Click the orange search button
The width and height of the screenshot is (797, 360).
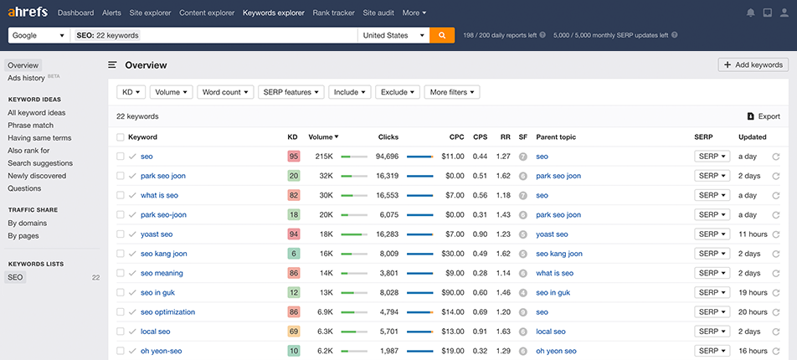tap(442, 35)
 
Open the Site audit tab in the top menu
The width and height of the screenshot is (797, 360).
tap(379, 13)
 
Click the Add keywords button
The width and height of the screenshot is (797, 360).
tap(753, 64)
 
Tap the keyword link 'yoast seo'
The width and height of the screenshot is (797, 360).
tap(157, 234)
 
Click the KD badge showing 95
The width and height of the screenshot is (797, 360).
tap(293, 157)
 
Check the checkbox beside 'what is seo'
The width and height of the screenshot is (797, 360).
tap(121, 195)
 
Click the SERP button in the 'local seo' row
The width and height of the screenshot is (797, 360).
tap(712, 332)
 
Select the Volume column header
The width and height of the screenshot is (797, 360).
tap(322, 136)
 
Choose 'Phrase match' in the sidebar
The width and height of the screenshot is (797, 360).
tap(30, 125)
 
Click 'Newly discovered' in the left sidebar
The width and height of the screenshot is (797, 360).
tap(37, 176)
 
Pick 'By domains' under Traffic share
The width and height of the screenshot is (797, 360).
tap(27, 223)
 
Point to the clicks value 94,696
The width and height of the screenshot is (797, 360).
tap(387, 157)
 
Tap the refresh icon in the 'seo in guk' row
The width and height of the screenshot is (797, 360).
tap(776, 293)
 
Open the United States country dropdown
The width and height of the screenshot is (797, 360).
tap(393, 35)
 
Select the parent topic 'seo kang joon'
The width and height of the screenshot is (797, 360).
tap(558, 254)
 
